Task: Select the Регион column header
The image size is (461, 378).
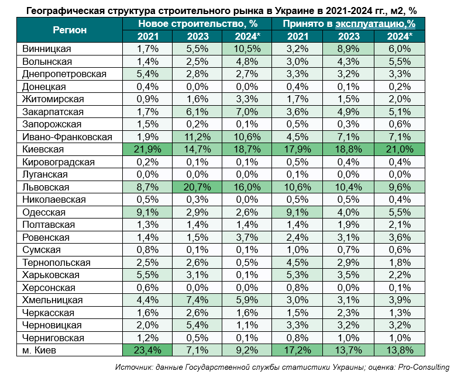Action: click(x=70, y=30)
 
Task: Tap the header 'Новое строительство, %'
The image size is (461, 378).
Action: click(x=198, y=23)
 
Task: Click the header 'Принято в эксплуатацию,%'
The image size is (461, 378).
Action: click(x=349, y=23)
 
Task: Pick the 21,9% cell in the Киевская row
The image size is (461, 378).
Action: click(x=147, y=150)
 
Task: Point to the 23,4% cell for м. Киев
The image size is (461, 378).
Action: click(x=147, y=351)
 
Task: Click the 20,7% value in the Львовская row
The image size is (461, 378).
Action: click(x=198, y=188)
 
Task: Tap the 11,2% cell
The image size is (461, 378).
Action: click(x=198, y=137)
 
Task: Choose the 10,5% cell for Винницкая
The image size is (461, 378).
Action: click(x=248, y=49)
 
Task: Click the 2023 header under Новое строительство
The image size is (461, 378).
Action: click(x=198, y=36)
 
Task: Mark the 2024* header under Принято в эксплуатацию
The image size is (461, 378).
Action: click(x=400, y=36)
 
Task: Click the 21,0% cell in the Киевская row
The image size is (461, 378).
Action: click(x=400, y=150)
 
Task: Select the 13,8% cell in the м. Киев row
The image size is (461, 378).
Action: click(x=400, y=351)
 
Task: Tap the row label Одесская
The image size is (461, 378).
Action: click(x=43, y=212)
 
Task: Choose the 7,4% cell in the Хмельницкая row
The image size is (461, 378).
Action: click(x=198, y=300)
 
